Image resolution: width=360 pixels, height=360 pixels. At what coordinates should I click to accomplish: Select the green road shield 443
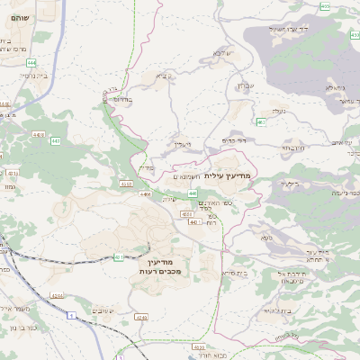click(x=55, y=141)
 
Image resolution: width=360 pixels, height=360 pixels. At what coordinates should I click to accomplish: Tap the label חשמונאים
click(x=187, y=176)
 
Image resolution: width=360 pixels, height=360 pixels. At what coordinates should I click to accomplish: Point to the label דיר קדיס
click(x=235, y=141)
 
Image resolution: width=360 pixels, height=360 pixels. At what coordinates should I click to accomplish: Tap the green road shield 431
click(x=119, y=258)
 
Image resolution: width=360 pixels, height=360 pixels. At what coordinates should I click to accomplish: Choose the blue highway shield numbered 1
click(x=70, y=313)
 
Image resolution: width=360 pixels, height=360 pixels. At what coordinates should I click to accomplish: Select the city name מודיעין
click(x=169, y=258)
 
